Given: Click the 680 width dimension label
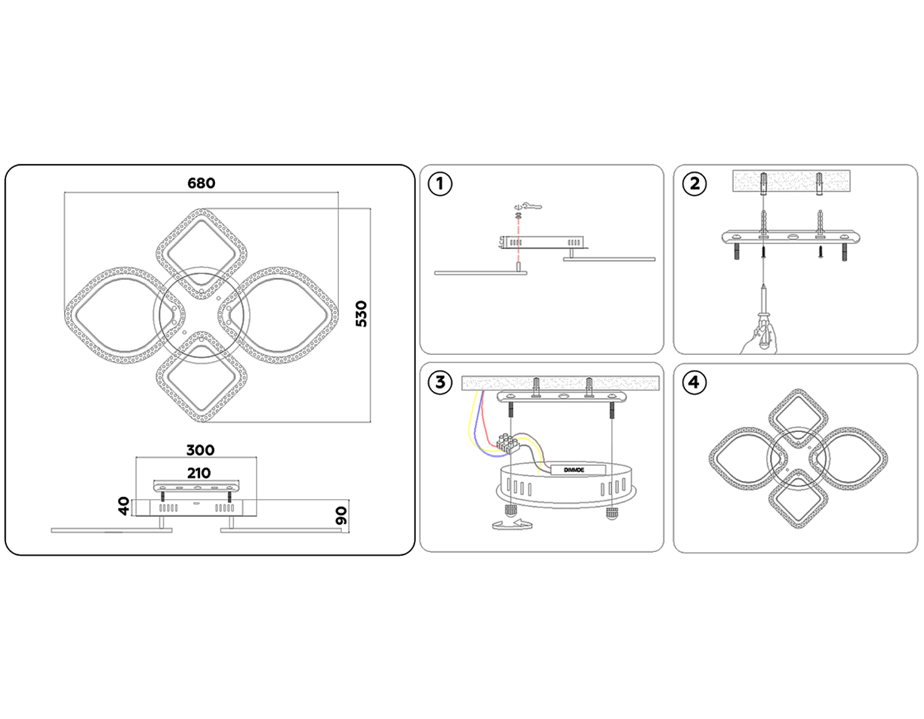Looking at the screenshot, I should pos(201,183).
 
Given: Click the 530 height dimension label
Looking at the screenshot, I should pos(361,314).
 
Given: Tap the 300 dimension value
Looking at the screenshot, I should pos(200,450).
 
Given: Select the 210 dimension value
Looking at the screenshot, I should pos(198,473).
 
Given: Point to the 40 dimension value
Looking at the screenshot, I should pos(124,506).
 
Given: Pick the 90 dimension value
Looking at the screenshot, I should pos(341,516).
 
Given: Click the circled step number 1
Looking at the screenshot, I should pos(440,184).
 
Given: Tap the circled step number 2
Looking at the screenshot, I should pos(694,184).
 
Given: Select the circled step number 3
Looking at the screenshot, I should pos(440,382).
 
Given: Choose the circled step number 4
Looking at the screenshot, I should pos(694,382).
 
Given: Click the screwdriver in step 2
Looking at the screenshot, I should pos(763,314).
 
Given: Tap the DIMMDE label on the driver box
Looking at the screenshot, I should pos(573,469).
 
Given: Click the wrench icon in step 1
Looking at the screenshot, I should pos(529,206).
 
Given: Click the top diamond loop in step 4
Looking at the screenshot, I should pos(798,415).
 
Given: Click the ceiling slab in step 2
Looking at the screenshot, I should pos(791,181).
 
